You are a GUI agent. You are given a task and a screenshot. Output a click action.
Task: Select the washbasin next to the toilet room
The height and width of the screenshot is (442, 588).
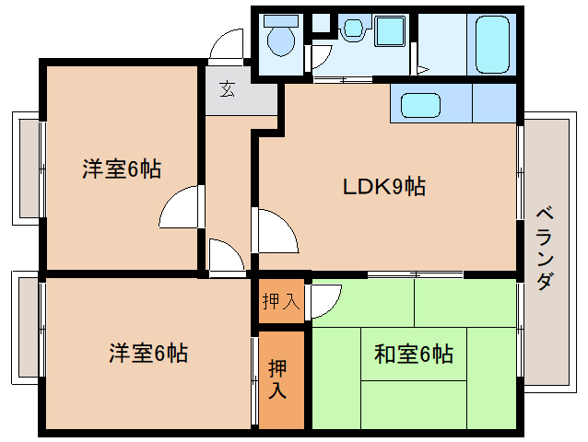[x=352, y=30]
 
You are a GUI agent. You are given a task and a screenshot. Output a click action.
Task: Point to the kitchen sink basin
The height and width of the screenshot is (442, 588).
[x=423, y=104]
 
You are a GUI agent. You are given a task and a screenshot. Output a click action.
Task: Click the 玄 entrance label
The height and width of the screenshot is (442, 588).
[x=226, y=89]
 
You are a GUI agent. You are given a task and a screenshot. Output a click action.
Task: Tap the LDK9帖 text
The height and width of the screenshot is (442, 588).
[x=383, y=187]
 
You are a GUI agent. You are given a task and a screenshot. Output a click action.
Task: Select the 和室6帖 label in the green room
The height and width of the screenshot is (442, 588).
[x=413, y=353]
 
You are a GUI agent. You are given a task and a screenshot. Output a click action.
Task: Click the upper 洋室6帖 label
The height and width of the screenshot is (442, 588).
[x=121, y=169]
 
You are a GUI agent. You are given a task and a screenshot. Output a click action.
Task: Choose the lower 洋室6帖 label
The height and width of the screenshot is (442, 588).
[x=147, y=353]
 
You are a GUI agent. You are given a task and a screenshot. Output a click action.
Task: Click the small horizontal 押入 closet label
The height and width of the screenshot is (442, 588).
[x=279, y=300]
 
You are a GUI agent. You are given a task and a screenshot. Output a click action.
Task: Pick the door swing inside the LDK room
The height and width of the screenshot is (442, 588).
[x=276, y=230]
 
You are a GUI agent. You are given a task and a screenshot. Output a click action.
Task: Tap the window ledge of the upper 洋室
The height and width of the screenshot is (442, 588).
[x=27, y=169]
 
